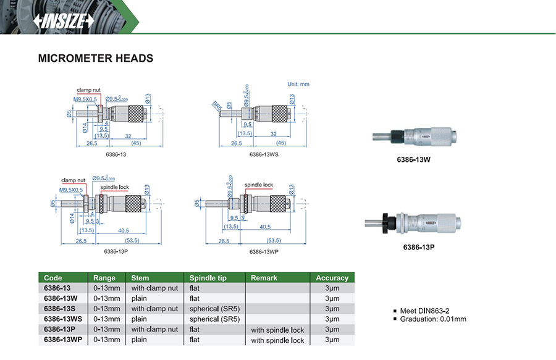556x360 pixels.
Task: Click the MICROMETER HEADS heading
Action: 95,59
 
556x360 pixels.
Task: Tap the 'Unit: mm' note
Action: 298,84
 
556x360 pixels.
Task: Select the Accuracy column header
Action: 332,278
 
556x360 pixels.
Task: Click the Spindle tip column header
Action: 208,278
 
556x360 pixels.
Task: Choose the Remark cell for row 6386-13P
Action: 277,330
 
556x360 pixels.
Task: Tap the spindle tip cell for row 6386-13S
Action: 214,309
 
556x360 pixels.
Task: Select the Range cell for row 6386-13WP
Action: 107,340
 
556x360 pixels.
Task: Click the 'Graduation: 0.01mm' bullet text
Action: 433,319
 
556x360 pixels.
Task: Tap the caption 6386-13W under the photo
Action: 413,159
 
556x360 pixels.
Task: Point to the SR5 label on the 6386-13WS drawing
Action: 217,106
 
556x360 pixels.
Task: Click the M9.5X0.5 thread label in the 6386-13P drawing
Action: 71,190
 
